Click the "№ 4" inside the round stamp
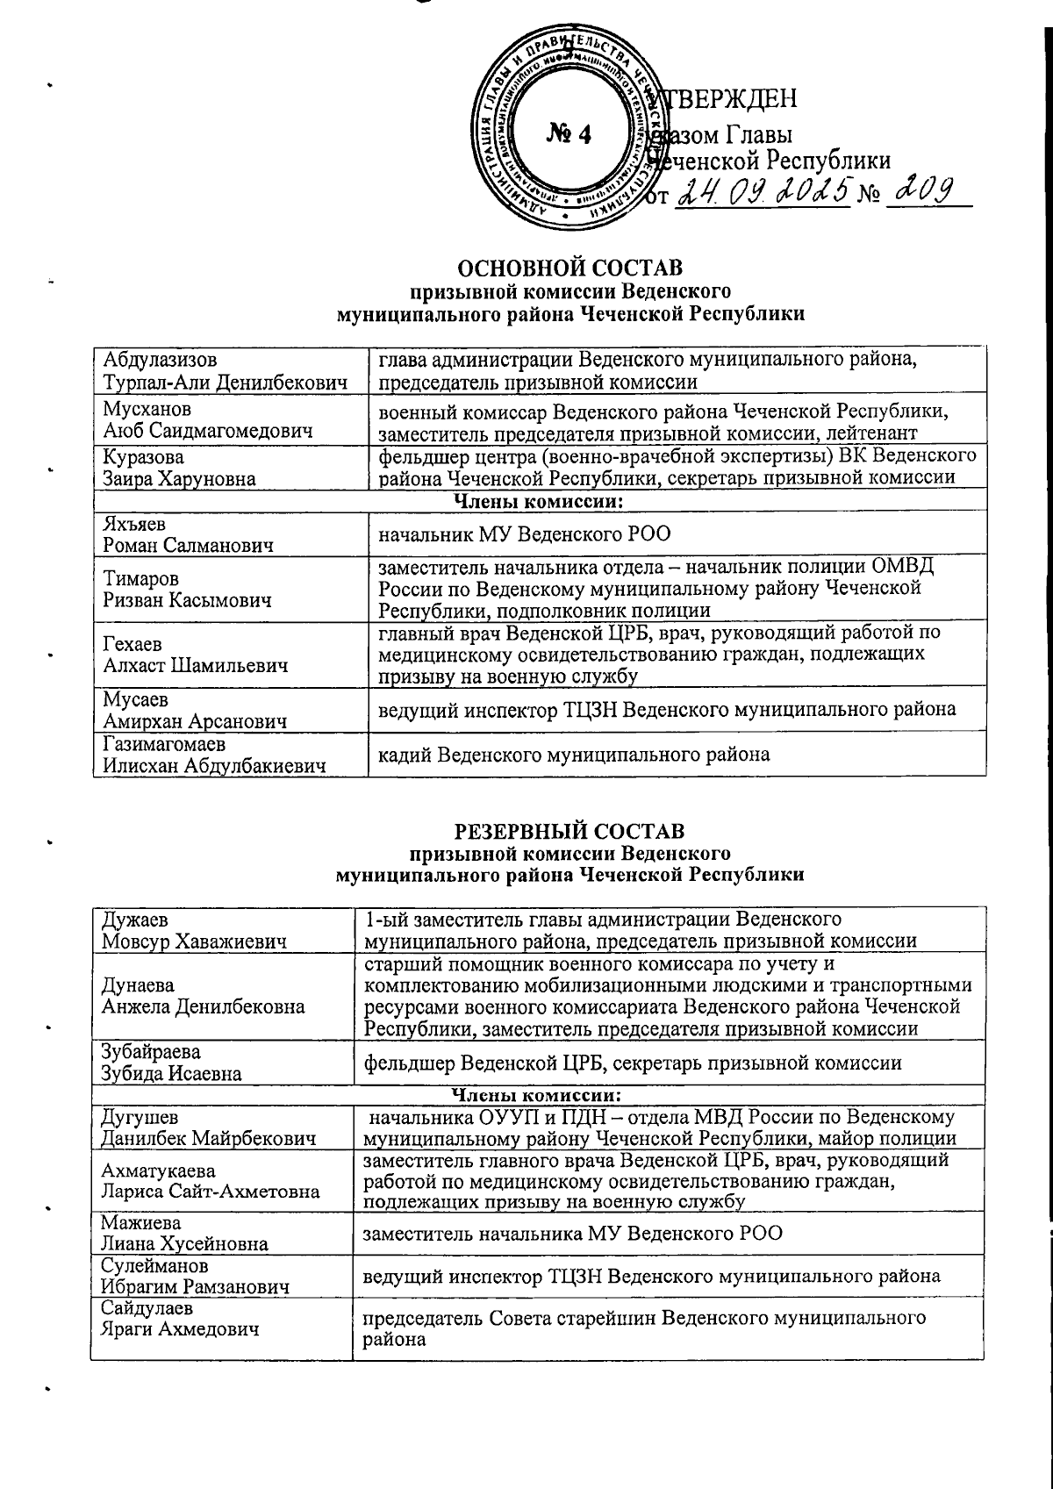pos(569,132)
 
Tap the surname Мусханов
pos(147,409)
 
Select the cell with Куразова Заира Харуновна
pos(179,468)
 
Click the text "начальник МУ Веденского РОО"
pos(525,533)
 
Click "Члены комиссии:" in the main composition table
pos(538,501)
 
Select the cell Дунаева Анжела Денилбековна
pos(204,996)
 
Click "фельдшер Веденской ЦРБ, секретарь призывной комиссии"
pos(633,1063)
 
